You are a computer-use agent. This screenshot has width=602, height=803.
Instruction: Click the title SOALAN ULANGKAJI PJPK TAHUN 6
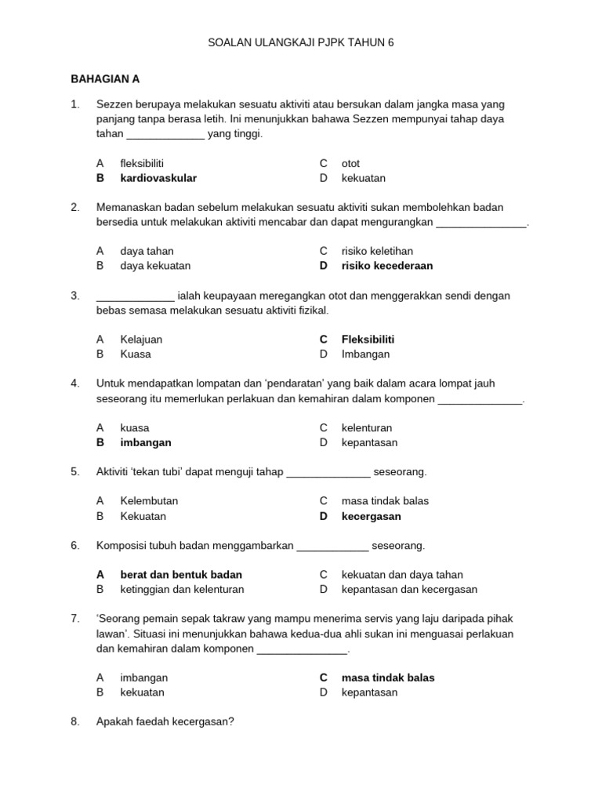coord(300,42)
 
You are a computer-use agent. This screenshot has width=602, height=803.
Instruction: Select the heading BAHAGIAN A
coord(105,78)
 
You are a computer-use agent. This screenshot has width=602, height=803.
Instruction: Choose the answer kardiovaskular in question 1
coord(158,178)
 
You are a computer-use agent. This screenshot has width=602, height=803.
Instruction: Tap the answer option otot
coord(350,163)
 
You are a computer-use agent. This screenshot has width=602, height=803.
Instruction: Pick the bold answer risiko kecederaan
coord(386,266)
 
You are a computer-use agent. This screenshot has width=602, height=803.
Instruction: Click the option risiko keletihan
coord(377,251)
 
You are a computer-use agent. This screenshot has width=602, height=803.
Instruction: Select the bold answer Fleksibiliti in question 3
coord(368,340)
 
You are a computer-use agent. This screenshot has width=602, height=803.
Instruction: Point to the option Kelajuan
coord(141,340)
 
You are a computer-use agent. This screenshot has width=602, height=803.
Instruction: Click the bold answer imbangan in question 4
coord(145,442)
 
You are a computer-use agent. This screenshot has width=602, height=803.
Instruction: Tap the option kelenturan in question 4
coord(367,428)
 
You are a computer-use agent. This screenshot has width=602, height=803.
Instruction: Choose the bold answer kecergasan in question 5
coord(371,516)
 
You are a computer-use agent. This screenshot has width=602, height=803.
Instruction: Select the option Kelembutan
coord(149,501)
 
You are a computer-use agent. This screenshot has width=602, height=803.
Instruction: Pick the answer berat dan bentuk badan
coord(181,575)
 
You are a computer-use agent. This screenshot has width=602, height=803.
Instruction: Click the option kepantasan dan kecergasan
coord(409,590)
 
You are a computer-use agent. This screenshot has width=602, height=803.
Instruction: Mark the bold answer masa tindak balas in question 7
coord(387,678)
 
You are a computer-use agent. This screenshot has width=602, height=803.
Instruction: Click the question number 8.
coord(75,722)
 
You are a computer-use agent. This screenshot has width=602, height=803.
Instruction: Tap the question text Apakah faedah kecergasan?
coord(165,722)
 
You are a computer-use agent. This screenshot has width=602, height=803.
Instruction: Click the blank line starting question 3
coord(135,296)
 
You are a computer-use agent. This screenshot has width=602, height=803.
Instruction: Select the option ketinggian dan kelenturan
coord(182,590)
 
